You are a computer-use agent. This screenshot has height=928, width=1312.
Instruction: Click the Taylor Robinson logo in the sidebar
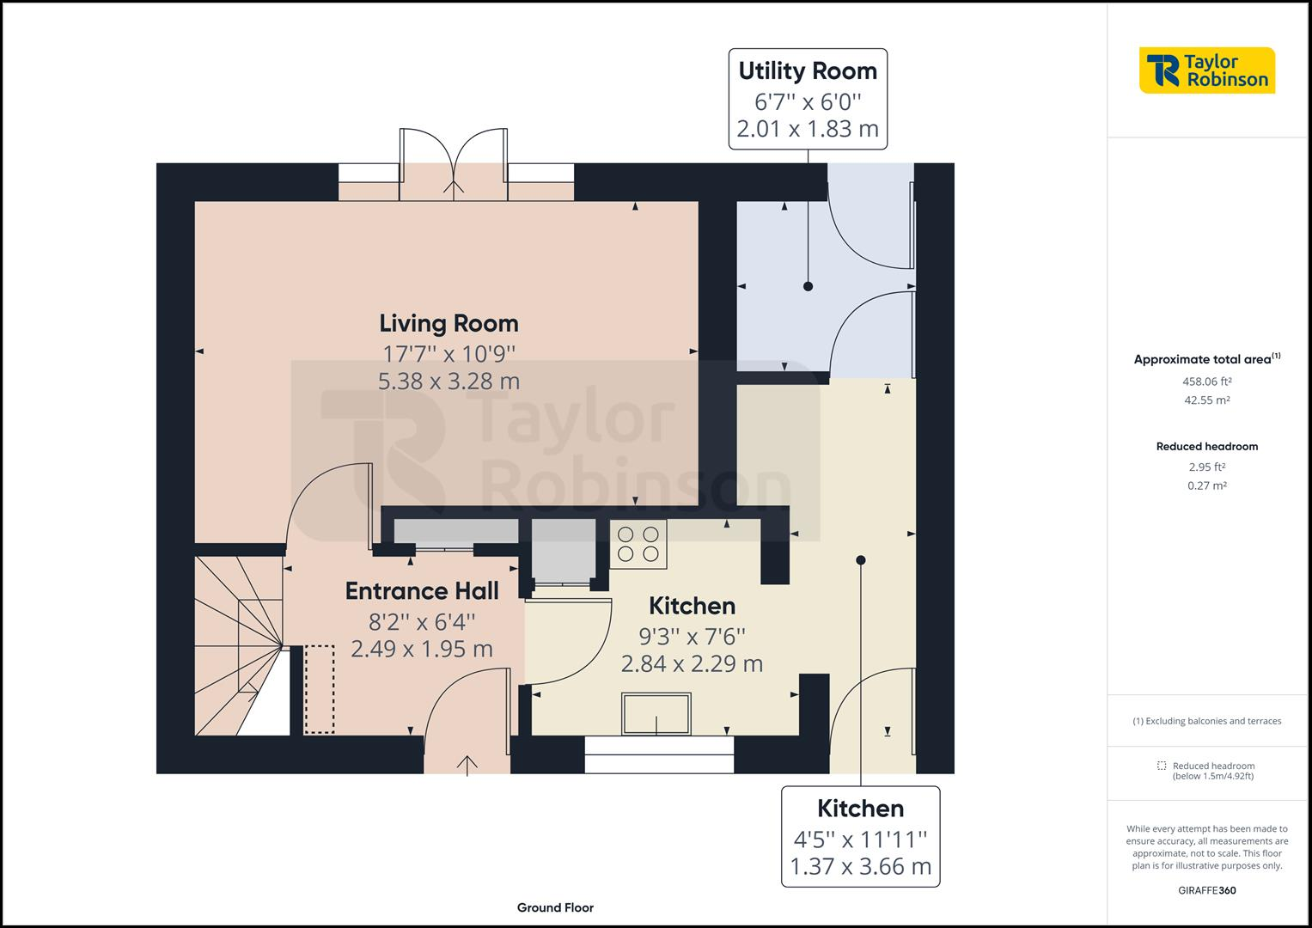point(1206,70)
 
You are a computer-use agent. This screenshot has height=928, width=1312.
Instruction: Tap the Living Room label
point(449,323)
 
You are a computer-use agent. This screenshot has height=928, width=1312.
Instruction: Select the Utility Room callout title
point(808,70)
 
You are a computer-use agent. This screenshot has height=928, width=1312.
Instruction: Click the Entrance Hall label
point(422,590)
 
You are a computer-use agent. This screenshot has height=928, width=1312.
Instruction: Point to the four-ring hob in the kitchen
point(638,544)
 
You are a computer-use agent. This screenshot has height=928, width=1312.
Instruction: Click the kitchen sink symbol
point(656,713)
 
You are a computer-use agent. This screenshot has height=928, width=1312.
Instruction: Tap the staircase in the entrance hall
point(239,645)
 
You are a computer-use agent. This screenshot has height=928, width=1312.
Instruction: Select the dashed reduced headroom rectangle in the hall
point(320,689)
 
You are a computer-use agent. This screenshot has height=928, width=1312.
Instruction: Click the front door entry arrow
point(467,766)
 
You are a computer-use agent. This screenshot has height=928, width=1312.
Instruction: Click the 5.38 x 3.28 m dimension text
point(449,382)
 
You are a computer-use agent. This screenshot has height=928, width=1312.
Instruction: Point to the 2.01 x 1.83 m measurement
point(808,129)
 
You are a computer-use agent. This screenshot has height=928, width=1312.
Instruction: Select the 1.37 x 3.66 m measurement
point(860,866)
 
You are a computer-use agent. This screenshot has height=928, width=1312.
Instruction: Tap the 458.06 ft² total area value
point(1206,382)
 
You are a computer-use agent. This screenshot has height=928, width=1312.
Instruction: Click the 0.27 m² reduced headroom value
point(1206,485)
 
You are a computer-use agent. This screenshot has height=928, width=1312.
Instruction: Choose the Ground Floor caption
point(555,907)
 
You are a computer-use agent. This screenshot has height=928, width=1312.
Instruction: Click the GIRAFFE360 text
point(1206,890)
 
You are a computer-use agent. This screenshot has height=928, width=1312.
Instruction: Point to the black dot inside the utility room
point(809,286)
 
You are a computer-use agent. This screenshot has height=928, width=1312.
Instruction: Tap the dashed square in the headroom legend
point(1162,766)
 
